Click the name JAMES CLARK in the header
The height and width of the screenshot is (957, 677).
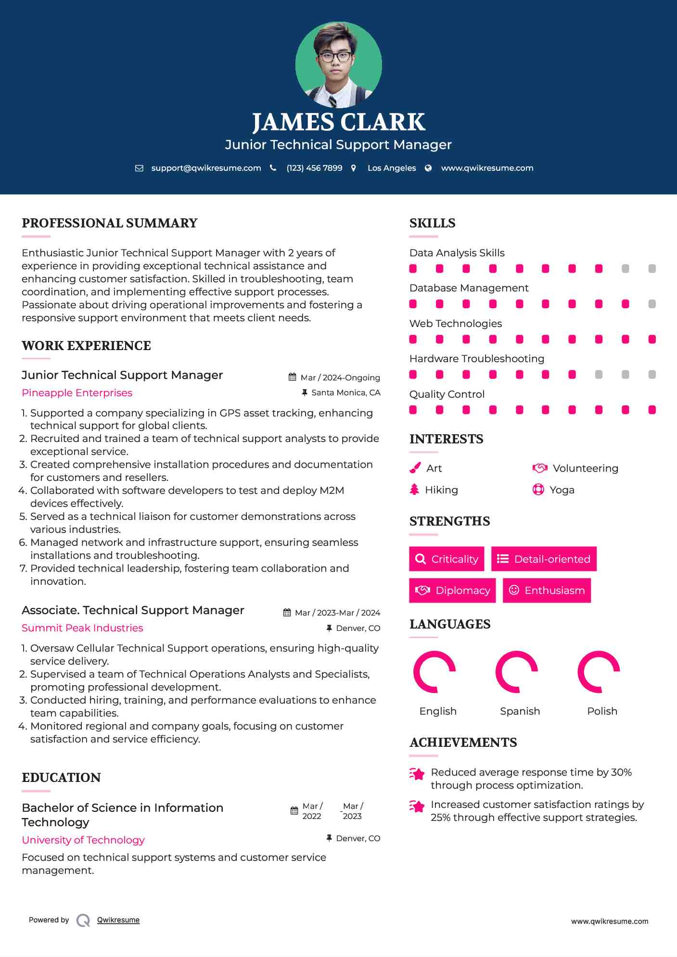[338, 122]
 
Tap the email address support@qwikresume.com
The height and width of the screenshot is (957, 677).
[206, 168]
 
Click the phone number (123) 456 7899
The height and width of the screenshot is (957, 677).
[314, 168]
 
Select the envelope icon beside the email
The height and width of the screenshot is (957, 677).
[139, 168]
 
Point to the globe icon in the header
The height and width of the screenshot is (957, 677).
[428, 168]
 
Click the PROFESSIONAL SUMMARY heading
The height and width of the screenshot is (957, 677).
[110, 223]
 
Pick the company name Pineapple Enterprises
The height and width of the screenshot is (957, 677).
[77, 393]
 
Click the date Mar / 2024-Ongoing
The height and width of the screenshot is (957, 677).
[340, 378]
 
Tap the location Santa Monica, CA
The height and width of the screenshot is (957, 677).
[345, 393]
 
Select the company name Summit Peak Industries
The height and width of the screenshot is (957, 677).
[82, 628]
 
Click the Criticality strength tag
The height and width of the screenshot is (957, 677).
[447, 559]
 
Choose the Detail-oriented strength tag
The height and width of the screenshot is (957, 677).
[544, 559]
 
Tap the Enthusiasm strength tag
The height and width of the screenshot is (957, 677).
[547, 590]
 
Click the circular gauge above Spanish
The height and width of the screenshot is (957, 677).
[517, 672]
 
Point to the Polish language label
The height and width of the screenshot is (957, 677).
[602, 711]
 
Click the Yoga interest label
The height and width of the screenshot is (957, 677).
[562, 490]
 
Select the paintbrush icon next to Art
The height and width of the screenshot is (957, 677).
[415, 468]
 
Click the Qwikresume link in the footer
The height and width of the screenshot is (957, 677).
[118, 920]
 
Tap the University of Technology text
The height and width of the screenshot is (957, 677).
[83, 840]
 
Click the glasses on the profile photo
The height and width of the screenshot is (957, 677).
[336, 56]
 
